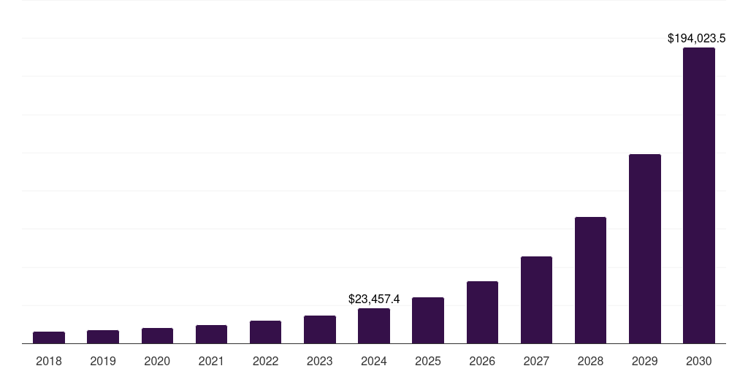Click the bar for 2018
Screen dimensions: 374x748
click(x=49, y=337)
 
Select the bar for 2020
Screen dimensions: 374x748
click(x=157, y=336)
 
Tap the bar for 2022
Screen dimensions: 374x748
click(x=265, y=332)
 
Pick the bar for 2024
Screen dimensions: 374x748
click(x=374, y=326)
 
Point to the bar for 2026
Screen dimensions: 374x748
click(x=482, y=313)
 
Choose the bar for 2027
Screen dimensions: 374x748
click(x=536, y=300)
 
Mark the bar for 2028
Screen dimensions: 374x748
click(x=590, y=280)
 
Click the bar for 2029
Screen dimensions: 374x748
click(x=645, y=249)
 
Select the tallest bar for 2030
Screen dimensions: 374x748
click(x=699, y=196)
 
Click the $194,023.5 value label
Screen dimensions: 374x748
click(x=701, y=38)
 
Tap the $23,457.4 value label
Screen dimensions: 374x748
click(x=374, y=299)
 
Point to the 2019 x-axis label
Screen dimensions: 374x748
click(x=103, y=361)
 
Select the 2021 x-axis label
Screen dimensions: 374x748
click(x=211, y=361)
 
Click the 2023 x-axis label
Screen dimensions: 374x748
click(x=320, y=361)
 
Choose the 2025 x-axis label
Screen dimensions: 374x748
click(x=428, y=361)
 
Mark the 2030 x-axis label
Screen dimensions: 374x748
click(x=699, y=361)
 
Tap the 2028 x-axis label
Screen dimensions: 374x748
click(x=590, y=361)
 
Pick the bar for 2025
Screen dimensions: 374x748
click(x=428, y=321)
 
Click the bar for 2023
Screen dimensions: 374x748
click(x=320, y=329)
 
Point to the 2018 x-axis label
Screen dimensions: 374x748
click(x=49, y=361)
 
